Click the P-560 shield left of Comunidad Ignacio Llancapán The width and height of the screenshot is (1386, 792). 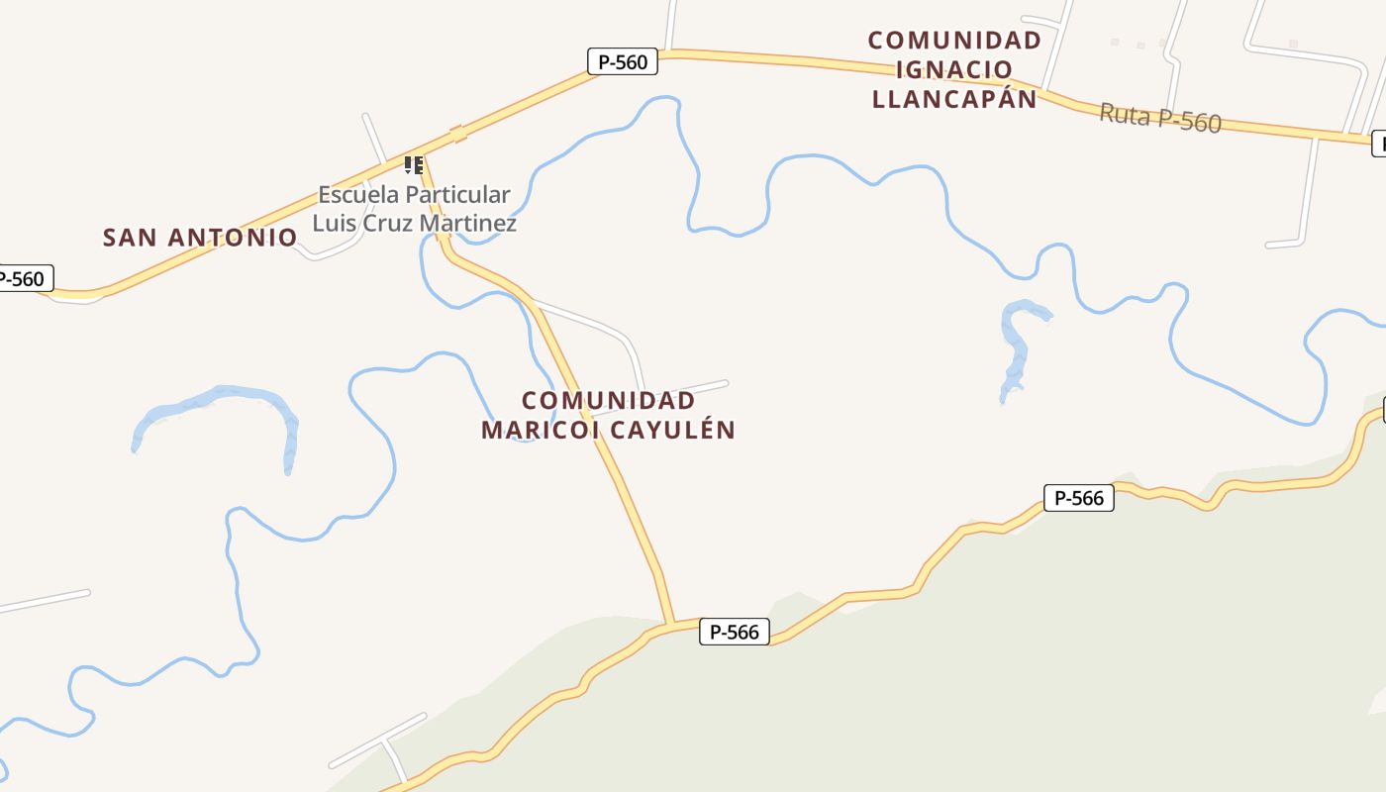click(x=623, y=62)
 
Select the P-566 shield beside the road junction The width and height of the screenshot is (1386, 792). click(x=735, y=632)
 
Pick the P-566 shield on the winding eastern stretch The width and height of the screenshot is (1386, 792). click(x=1079, y=498)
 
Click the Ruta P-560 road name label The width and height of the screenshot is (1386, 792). click(x=1160, y=118)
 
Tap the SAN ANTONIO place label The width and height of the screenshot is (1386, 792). click(x=200, y=238)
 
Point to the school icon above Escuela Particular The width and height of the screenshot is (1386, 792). click(x=414, y=164)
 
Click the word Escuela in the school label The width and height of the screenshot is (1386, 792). click(x=353, y=195)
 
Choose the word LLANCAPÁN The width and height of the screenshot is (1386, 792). click(x=954, y=99)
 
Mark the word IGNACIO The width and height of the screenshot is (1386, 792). click(x=954, y=69)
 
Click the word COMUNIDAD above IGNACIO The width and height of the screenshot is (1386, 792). click(x=954, y=41)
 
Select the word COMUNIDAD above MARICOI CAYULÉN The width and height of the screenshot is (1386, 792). click(x=608, y=401)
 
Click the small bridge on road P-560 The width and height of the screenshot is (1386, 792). click(x=457, y=134)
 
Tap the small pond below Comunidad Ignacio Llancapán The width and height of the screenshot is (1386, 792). click(x=1018, y=342)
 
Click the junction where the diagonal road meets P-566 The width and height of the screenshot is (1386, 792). click(x=673, y=625)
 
